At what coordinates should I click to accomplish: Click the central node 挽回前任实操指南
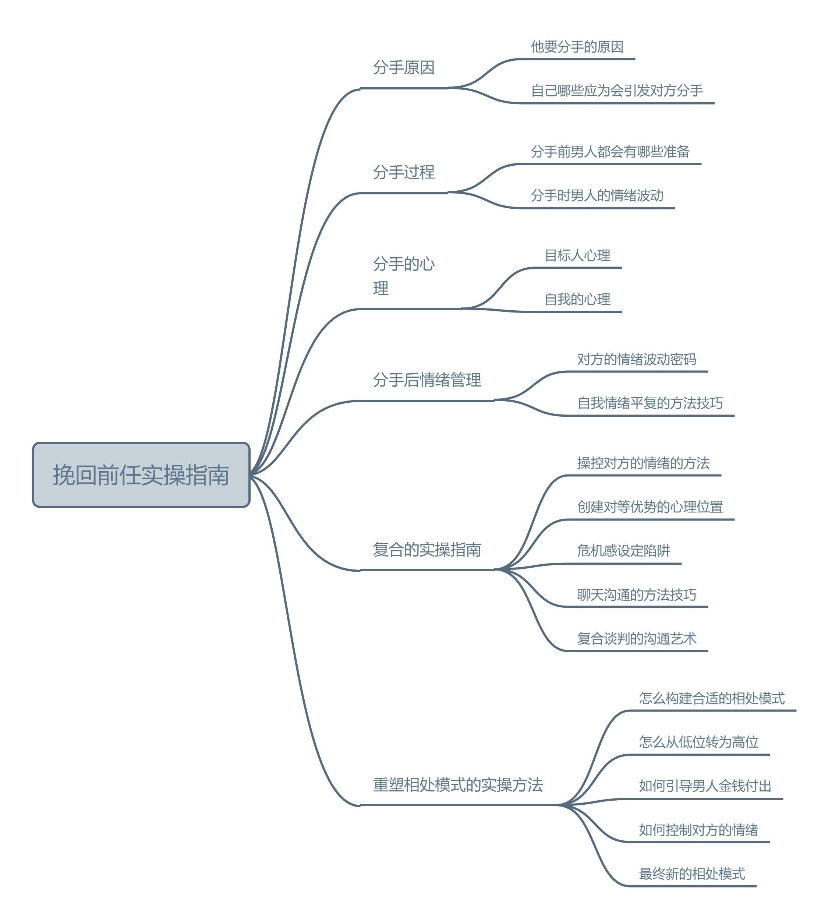coord(141,474)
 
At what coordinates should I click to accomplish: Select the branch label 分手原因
coord(404,67)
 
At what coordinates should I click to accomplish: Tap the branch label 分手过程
coord(404,172)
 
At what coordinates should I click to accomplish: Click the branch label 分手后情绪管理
coord(427,380)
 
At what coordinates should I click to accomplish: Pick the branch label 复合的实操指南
coord(427,549)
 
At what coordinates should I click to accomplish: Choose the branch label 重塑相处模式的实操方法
coord(458,784)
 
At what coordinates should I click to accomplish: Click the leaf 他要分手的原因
coord(577,47)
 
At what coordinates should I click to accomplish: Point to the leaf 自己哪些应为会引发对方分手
coord(617,91)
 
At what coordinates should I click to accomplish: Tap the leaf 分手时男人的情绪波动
coord(597,195)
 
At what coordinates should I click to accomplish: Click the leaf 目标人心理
coord(577,255)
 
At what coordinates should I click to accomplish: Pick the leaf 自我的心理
coord(577,299)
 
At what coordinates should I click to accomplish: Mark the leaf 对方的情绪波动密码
coord(637,359)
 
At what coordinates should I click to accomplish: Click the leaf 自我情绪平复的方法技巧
coord(650,403)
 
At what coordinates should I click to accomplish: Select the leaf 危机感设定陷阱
coord(623,551)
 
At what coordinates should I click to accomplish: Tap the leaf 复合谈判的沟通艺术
coord(637,638)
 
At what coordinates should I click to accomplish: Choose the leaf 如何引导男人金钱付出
coord(705,786)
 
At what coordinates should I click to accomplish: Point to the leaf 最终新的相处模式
coord(691,874)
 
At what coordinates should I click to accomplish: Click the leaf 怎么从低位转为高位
coord(698,742)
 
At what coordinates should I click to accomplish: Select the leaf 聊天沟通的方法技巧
coord(637,594)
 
